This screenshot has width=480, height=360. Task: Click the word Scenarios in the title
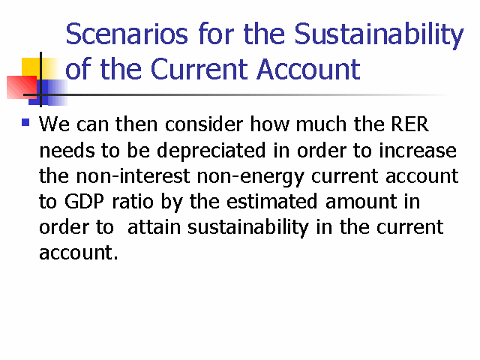point(127,34)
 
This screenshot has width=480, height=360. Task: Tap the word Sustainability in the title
point(379,36)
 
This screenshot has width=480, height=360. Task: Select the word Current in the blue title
point(199,69)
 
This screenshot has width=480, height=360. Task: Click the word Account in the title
point(308,69)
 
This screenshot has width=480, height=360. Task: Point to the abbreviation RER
point(410,124)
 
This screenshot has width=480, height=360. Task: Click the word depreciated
point(211,151)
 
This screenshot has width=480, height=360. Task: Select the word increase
point(418,151)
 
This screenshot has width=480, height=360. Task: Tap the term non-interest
point(133,176)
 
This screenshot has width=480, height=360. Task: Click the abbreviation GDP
point(84,202)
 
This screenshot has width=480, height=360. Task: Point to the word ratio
point(133,202)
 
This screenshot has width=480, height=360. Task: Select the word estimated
point(271,202)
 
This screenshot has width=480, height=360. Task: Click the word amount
point(361,202)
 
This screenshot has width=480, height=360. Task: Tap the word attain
point(154,227)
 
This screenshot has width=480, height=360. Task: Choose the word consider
point(204,124)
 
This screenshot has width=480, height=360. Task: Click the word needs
point(67,151)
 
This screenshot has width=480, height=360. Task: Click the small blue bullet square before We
point(25,123)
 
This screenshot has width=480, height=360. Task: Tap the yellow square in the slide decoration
point(31,68)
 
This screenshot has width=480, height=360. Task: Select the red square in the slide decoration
point(22,87)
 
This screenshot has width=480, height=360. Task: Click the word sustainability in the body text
point(248,228)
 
